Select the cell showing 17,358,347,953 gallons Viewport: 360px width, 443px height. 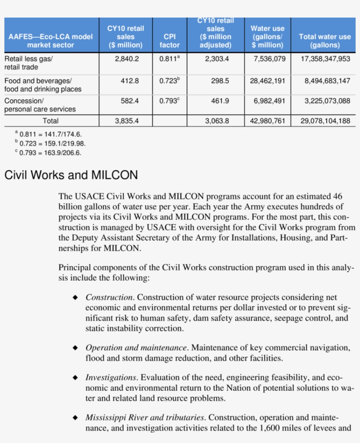click(325, 58)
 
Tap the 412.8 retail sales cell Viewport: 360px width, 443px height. click(130, 81)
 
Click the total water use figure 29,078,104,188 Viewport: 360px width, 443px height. click(325, 121)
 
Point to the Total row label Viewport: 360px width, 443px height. click(50, 121)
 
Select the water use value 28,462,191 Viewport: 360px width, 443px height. click(267, 81)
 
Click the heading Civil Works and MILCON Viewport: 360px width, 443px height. click(71, 176)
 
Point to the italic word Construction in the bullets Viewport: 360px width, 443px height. click(109, 298)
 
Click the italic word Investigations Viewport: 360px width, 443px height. click(111, 378)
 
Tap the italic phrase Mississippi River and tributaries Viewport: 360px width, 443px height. click(145, 417)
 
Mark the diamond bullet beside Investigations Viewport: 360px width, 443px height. click(76, 378)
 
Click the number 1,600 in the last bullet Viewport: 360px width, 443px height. click(267, 427)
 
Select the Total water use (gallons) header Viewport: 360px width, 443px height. click(324, 41)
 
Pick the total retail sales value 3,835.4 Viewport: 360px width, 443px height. click(127, 121)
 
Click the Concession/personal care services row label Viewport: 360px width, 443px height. click(40, 105)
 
